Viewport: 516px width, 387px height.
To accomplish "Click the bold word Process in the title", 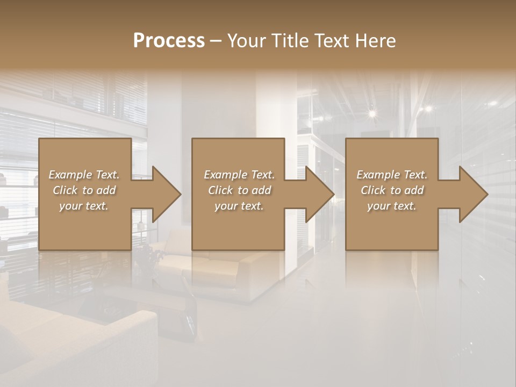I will pyautogui.click(x=169, y=40).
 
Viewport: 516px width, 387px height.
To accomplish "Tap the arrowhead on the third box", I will pyautogui.click(x=472, y=194).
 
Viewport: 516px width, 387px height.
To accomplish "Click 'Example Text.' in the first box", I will pyautogui.click(x=84, y=175).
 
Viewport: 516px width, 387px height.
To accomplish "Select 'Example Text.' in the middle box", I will pyautogui.click(x=239, y=175).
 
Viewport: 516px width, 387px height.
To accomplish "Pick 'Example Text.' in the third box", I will pyautogui.click(x=392, y=175).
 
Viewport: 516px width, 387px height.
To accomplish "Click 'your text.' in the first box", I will pyautogui.click(x=84, y=206).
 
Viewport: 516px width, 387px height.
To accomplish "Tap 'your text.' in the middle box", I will pyautogui.click(x=239, y=206).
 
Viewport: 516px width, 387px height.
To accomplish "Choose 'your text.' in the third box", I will pyautogui.click(x=392, y=206).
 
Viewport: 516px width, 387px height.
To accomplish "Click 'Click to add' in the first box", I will pyautogui.click(x=84, y=190).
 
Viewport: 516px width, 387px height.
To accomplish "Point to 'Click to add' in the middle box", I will pyautogui.click(x=239, y=190).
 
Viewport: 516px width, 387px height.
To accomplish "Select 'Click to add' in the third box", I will pyautogui.click(x=392, y=190).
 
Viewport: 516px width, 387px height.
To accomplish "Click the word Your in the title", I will pyautogui.click(x=246, y=40).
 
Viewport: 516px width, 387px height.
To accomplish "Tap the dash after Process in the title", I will pyautogui.click(x=216, y=41).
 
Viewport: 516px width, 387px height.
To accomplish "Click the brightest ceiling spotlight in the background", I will pyautogui.click(x=371, y=113).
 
